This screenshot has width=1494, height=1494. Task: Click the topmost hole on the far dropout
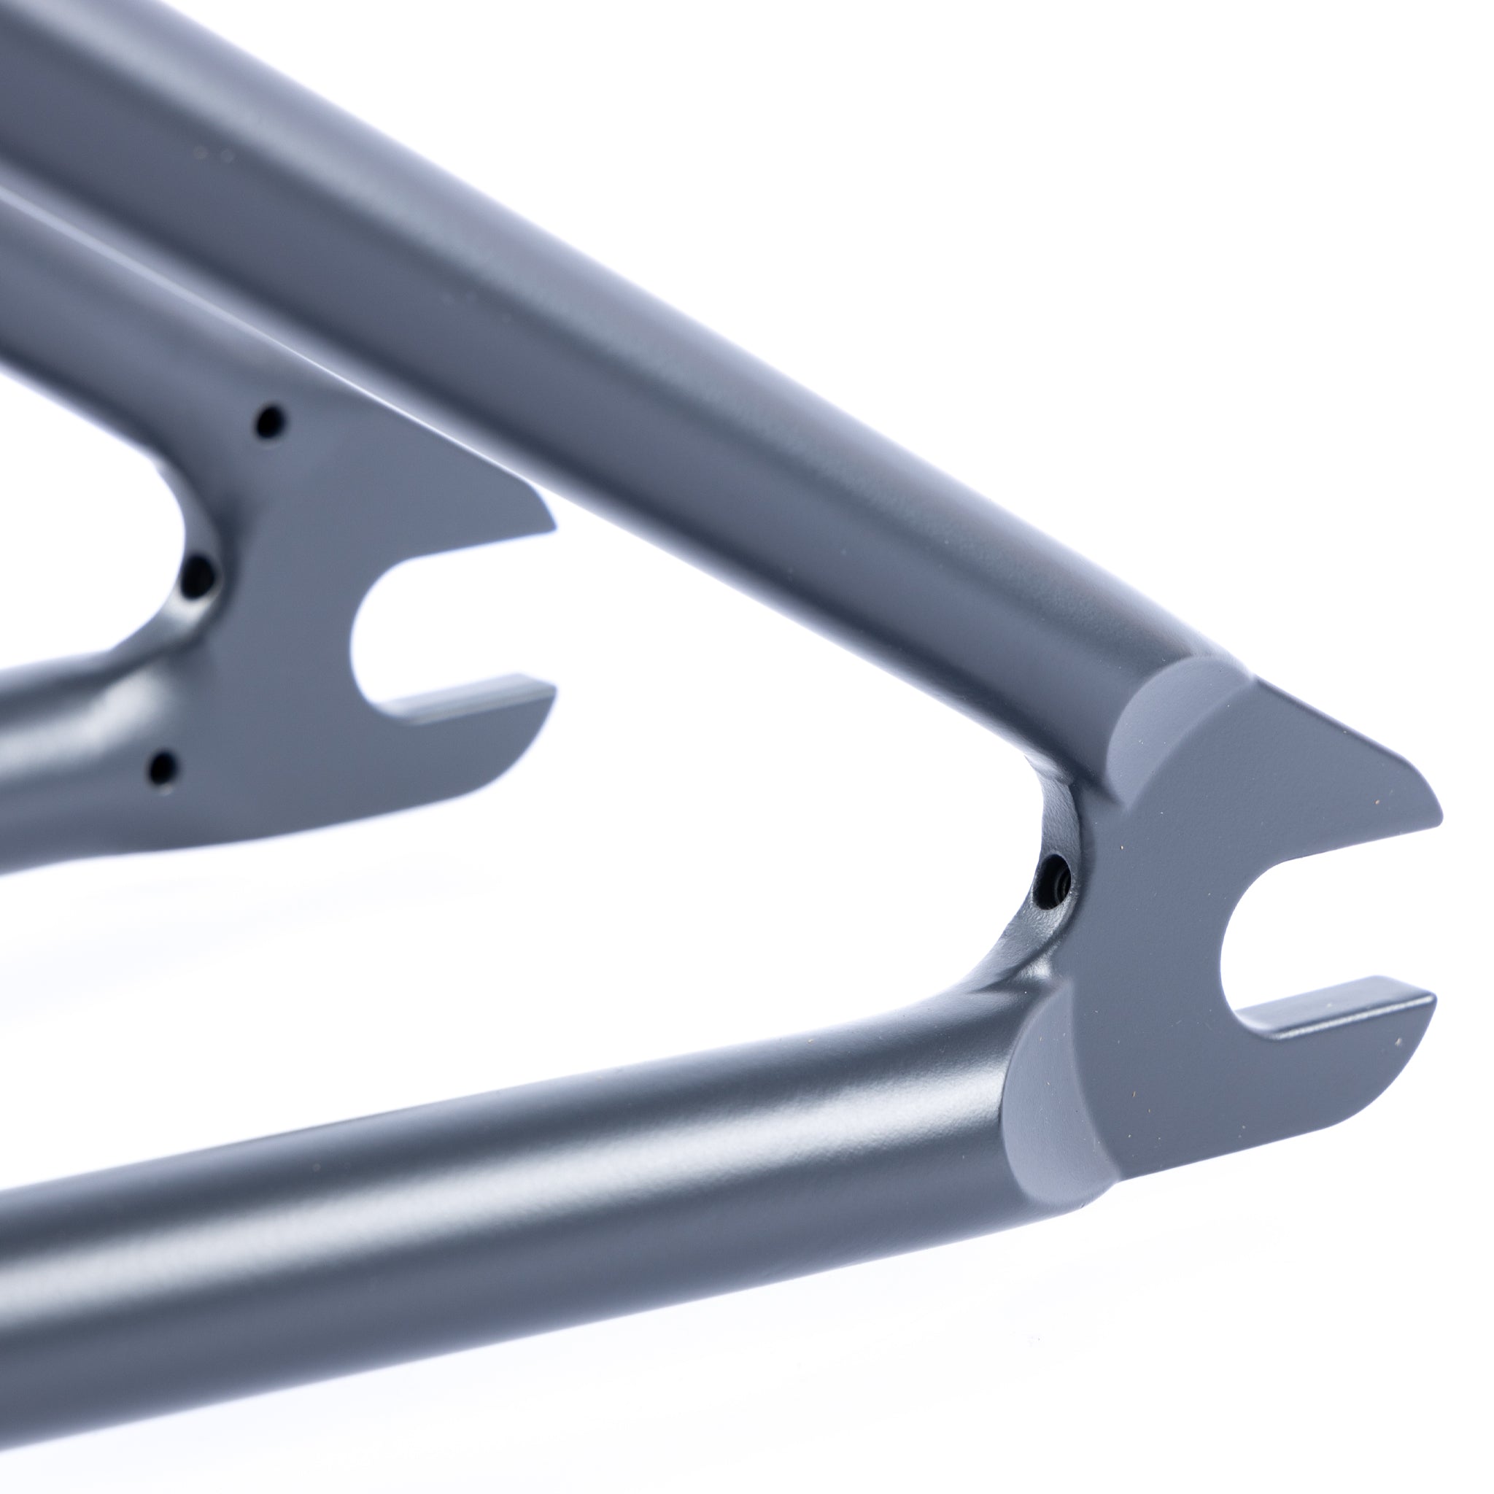click(269, 422)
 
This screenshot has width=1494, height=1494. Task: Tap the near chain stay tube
click(541, 1160)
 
